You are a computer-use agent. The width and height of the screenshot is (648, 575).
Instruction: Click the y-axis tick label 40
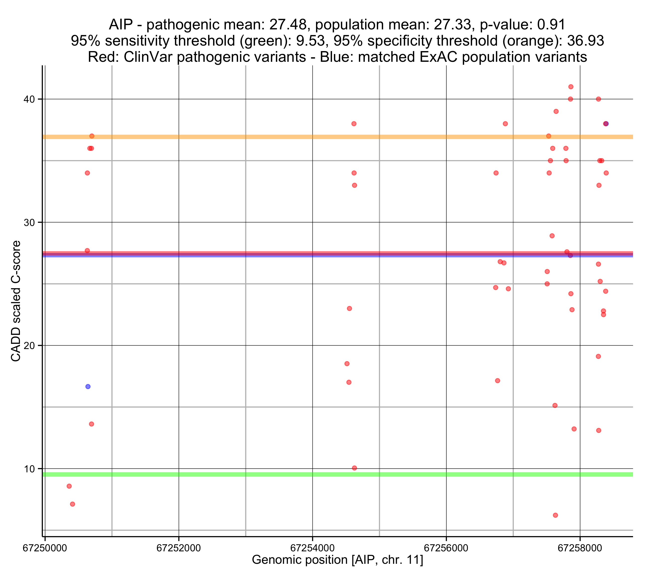(x=29, y=99)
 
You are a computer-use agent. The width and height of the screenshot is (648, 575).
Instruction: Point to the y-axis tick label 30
(x=29, y=222)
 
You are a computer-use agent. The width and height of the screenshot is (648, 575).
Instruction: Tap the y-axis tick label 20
(x=29, y=346)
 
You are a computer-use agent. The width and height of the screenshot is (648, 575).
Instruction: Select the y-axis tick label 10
(x=29, y=469)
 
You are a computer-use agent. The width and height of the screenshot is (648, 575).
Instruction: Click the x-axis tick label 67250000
(x=45, y=548)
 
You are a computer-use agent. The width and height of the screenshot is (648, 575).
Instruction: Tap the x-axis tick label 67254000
(x=313, y=548)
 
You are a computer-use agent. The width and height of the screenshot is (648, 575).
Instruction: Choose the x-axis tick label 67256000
(x=446, y=548)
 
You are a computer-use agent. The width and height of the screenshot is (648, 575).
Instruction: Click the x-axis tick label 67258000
(x=580, y=548)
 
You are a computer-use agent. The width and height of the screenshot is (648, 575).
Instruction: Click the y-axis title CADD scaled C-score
(x=16, y=301)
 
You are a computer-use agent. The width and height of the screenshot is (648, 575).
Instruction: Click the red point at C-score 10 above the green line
(x=354, y=468)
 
